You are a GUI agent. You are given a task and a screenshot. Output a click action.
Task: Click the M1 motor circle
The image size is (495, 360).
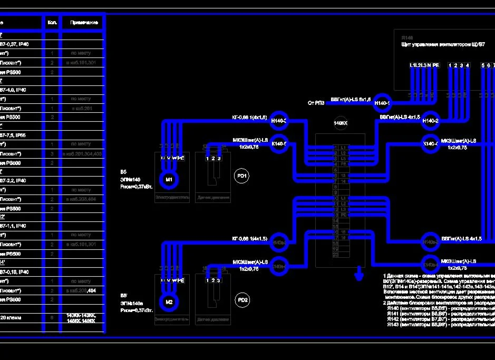coord(169,180)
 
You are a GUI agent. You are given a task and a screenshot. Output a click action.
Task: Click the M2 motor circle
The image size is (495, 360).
coord(169,302)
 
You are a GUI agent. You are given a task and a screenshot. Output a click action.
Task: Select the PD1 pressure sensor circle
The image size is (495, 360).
coord(242,176)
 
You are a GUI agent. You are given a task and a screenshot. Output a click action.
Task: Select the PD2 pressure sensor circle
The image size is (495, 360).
coord(242,300)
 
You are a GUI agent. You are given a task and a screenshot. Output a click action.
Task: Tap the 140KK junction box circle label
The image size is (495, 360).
coord(341,123)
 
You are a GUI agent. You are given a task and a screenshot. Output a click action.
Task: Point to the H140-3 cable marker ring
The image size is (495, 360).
coord(278,121)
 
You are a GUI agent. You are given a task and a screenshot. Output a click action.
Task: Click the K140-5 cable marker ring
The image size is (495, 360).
coord(278,143)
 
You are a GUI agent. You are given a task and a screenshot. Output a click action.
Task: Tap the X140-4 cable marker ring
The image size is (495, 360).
coord(431,143)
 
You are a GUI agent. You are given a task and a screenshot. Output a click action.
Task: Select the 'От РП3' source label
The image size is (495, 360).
coord(316,103)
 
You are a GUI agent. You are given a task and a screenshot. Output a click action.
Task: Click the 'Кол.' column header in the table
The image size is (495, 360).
coord(52,23)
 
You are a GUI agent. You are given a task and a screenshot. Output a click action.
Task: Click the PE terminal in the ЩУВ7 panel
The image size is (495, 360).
coord(435,65)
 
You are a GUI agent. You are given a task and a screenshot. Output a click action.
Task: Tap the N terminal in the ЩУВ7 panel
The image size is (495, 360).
coord(429,65)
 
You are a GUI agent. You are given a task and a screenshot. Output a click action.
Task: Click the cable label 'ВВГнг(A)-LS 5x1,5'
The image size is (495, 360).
coord(351,99)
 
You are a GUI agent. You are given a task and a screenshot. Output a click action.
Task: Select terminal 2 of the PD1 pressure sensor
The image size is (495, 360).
coord(213,158)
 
